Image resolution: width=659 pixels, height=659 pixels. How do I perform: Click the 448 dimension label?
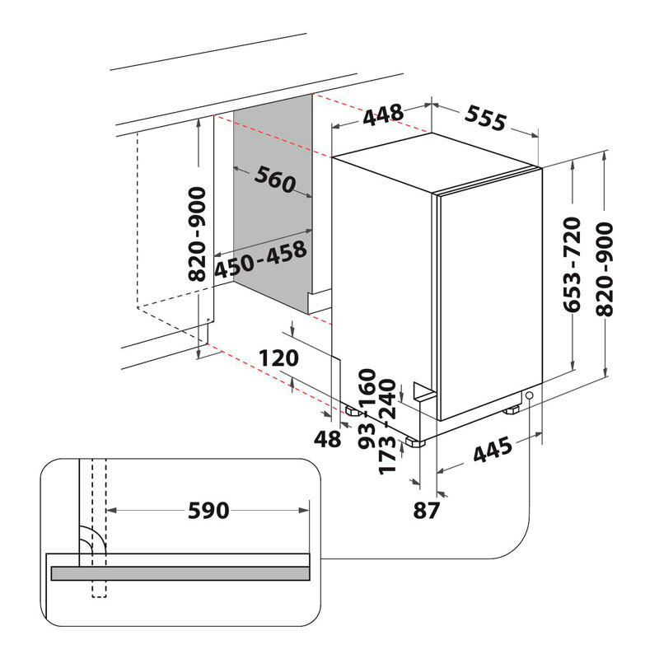383,115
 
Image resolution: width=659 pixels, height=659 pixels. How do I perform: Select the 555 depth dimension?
485,118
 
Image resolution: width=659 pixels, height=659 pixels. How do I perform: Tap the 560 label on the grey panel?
275,180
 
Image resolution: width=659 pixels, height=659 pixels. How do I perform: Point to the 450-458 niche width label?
260,259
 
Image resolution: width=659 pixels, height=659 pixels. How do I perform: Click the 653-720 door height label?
572,264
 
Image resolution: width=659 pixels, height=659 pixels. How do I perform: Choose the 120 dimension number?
278,358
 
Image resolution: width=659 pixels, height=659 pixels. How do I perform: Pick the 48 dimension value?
327,439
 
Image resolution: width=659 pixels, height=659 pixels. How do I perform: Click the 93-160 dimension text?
367,409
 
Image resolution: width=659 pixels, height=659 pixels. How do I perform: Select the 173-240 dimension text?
387,427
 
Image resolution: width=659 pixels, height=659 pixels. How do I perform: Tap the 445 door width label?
493,449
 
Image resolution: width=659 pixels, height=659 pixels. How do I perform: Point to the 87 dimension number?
426,510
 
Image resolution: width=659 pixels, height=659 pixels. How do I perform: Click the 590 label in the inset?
208,511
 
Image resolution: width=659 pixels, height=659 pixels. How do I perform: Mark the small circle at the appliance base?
529,395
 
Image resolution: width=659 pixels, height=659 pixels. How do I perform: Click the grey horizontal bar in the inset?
180,573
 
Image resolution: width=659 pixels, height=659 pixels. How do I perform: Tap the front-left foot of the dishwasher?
416,442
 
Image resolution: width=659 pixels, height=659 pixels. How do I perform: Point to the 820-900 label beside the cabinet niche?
197,235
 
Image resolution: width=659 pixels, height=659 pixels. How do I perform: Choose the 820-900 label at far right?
605,269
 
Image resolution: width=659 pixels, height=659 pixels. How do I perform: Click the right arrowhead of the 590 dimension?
304,510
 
